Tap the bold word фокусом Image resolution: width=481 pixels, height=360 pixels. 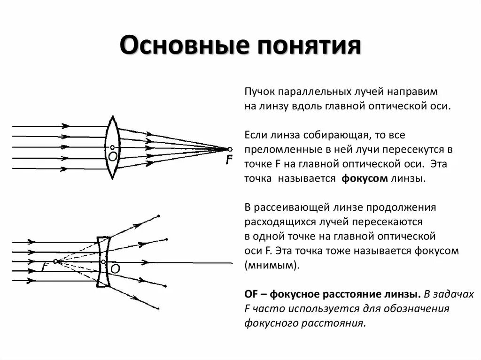click(364, 179)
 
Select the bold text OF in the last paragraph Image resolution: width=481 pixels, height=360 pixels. click(251, 294)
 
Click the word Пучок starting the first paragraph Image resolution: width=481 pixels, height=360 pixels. click(258, 91)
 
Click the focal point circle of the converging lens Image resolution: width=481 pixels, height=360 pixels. click(230, 149)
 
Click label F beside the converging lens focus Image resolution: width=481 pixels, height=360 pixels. click(229, 161)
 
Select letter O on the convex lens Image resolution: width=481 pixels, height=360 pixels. click(112, 156)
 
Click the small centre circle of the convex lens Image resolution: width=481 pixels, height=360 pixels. click(112, 147)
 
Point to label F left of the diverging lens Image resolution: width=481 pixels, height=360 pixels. click(45, 267)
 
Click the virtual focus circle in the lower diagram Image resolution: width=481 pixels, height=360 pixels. click(55, 261)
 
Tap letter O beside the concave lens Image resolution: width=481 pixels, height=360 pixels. click(115, 268)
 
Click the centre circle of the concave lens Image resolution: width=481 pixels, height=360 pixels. click(103, 261)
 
